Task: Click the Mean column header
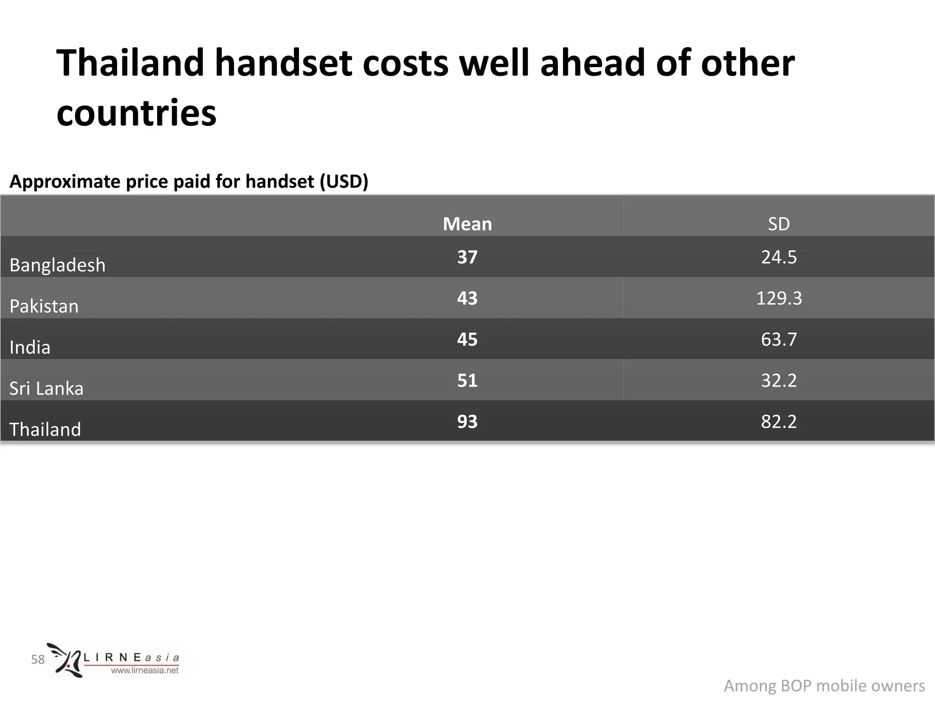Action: (467, 224)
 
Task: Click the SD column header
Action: (778, 224)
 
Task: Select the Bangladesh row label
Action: (58, 265)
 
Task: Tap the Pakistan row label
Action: (44, 306)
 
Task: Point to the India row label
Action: (30, 347)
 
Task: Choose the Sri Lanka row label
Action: (47, 388)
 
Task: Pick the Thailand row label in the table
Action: (45, 429)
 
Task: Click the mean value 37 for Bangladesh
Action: (467, 257)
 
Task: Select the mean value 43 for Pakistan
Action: (467, 298)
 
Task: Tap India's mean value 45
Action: (467, 339)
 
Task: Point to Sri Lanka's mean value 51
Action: (467, 380)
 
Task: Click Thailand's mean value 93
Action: (467, 421)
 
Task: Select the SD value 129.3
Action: (778, 298)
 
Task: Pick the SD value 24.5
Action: (778, 257)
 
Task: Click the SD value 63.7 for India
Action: (778, 339)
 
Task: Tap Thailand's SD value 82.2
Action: (778, 421)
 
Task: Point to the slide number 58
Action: (38, 659)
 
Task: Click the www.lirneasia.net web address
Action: (145, 670)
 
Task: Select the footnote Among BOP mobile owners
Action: (824, 685)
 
